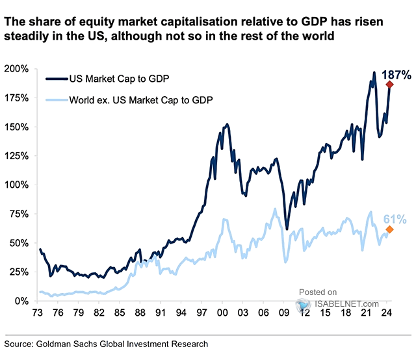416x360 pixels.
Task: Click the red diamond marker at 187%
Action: (x=389, y=84)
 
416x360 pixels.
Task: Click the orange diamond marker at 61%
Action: (x=389, y=229)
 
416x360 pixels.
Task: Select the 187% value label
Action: (x=398, y=75)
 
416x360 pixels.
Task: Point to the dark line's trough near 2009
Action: (x=287, y=229)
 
